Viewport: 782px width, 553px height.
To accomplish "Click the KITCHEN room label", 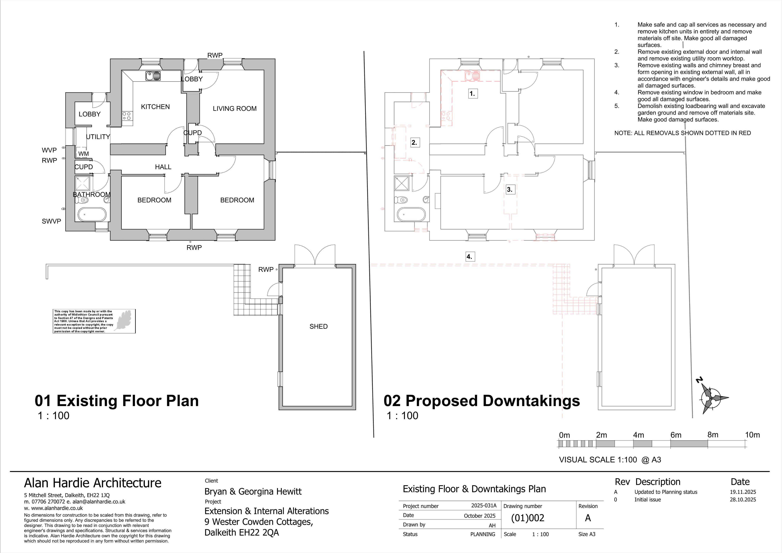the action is point(155,107).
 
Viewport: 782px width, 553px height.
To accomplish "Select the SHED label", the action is point(318,326).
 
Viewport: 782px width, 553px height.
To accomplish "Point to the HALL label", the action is point(163,167).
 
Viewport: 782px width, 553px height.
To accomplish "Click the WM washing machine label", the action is point(83,154).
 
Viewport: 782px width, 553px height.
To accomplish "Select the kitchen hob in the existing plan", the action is point(127,116).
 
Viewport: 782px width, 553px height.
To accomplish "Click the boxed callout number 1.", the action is point(472,93).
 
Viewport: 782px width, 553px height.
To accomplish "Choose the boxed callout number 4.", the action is point(469,257).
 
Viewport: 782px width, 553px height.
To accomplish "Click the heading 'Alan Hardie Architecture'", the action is point(93,483).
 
